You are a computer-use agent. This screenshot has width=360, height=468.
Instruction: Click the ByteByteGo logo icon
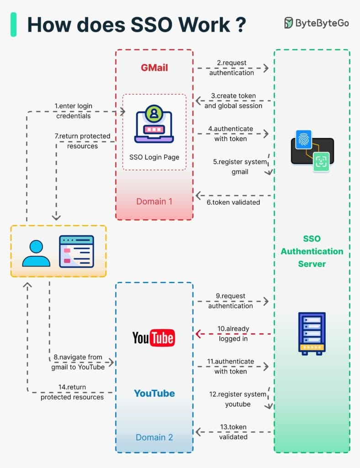click(289, 23)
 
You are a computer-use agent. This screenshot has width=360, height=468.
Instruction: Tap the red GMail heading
click(154, 68)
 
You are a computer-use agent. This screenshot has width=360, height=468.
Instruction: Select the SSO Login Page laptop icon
click(154, 124)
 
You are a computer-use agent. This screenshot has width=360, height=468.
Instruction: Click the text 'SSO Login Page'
click(154, 157)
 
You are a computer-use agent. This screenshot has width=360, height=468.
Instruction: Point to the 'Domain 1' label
click(154, 201)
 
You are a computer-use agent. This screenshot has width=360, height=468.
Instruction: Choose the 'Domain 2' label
click(154, 437)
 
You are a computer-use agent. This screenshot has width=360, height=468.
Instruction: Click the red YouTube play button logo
click(154, 338)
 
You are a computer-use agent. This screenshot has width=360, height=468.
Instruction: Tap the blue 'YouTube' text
click(154, 393)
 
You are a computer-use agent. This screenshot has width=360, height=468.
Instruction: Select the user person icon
click(36, 253)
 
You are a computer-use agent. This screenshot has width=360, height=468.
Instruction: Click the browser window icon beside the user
click(76, 251)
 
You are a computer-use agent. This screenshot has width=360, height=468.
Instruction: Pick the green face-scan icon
click(321, 162)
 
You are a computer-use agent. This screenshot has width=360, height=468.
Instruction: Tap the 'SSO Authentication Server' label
click(312, 251)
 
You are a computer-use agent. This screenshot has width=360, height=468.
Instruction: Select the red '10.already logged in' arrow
click(233, 334)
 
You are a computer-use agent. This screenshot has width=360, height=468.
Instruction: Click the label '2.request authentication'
click(232, 68)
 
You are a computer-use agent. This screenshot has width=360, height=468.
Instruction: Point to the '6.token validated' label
click(233, 202)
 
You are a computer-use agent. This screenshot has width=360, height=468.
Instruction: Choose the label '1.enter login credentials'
click(74, 111)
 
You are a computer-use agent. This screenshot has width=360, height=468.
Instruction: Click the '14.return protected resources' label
click(72, 392)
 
